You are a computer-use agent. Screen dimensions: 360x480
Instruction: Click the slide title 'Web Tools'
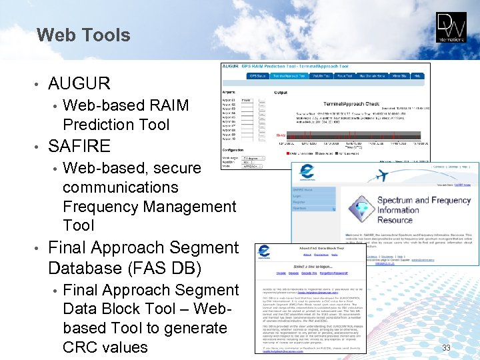pyautogui.click(x=83, y=35)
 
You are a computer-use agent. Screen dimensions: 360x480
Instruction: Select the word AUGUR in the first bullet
pyautogui.click(x=79, y=83)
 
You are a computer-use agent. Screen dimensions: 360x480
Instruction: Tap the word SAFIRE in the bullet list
pyautogui.click(x=79, y=145)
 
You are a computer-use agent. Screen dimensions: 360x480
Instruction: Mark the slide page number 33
pyautogui.click(x=446, y=347)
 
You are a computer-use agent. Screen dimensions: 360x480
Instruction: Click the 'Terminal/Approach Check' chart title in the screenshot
pyautogui.click(x=351, y=104)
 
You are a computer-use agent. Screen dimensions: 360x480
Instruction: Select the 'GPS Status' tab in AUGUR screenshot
pyautogui.click(x=258, y=75)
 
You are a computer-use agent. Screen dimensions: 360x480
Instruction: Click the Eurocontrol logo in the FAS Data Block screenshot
pyautogui.click(x=265, y=253)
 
